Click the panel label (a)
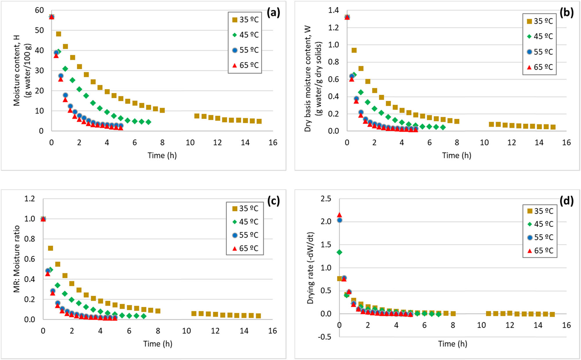[273, 13]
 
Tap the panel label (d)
[566, 201]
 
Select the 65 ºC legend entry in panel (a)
[245, 65]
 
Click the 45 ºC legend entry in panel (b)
[540, 37]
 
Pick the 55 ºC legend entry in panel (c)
[245, 235]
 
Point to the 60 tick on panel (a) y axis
[39, 10]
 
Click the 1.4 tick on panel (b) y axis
[333, 10]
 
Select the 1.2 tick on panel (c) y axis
[30, 199]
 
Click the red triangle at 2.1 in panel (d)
[339, 215]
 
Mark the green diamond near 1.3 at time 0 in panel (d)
[339, 252]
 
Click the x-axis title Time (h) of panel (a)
[162, 155]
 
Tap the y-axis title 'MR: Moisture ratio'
[17, 259]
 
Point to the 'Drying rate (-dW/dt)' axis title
[311, 268]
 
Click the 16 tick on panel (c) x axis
[272, 331]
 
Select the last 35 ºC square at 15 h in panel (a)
[259, 121]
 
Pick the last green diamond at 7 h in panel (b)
[443, 127]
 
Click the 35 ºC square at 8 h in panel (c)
[158, 311]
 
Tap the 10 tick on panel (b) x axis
[484, 143]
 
